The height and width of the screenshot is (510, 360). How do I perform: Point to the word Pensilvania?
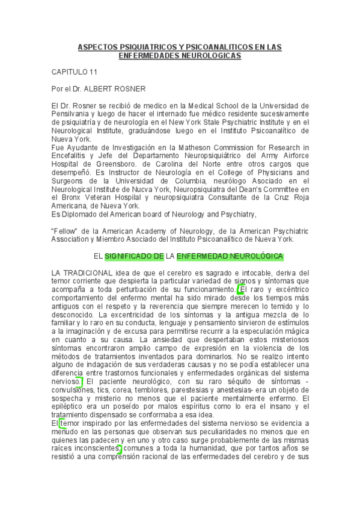(x=72, y=113)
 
